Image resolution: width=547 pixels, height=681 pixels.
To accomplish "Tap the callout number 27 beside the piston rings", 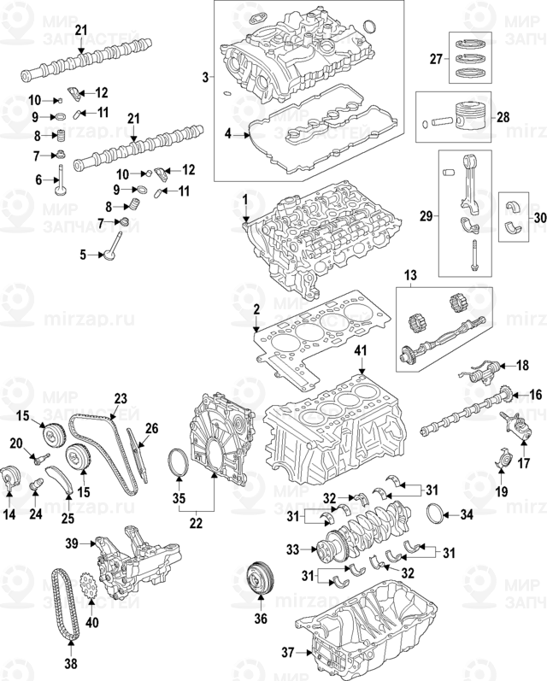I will [435, 60].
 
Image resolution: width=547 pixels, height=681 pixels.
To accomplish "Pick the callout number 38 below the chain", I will [71, 661].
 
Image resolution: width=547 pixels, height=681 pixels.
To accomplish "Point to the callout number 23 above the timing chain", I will [120, 397].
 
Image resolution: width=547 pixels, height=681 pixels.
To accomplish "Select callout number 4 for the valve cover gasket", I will [228, 134].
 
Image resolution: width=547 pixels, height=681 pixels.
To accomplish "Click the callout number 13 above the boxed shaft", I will [410, 274].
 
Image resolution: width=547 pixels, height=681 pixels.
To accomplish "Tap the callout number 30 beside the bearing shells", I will [538, 218].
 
